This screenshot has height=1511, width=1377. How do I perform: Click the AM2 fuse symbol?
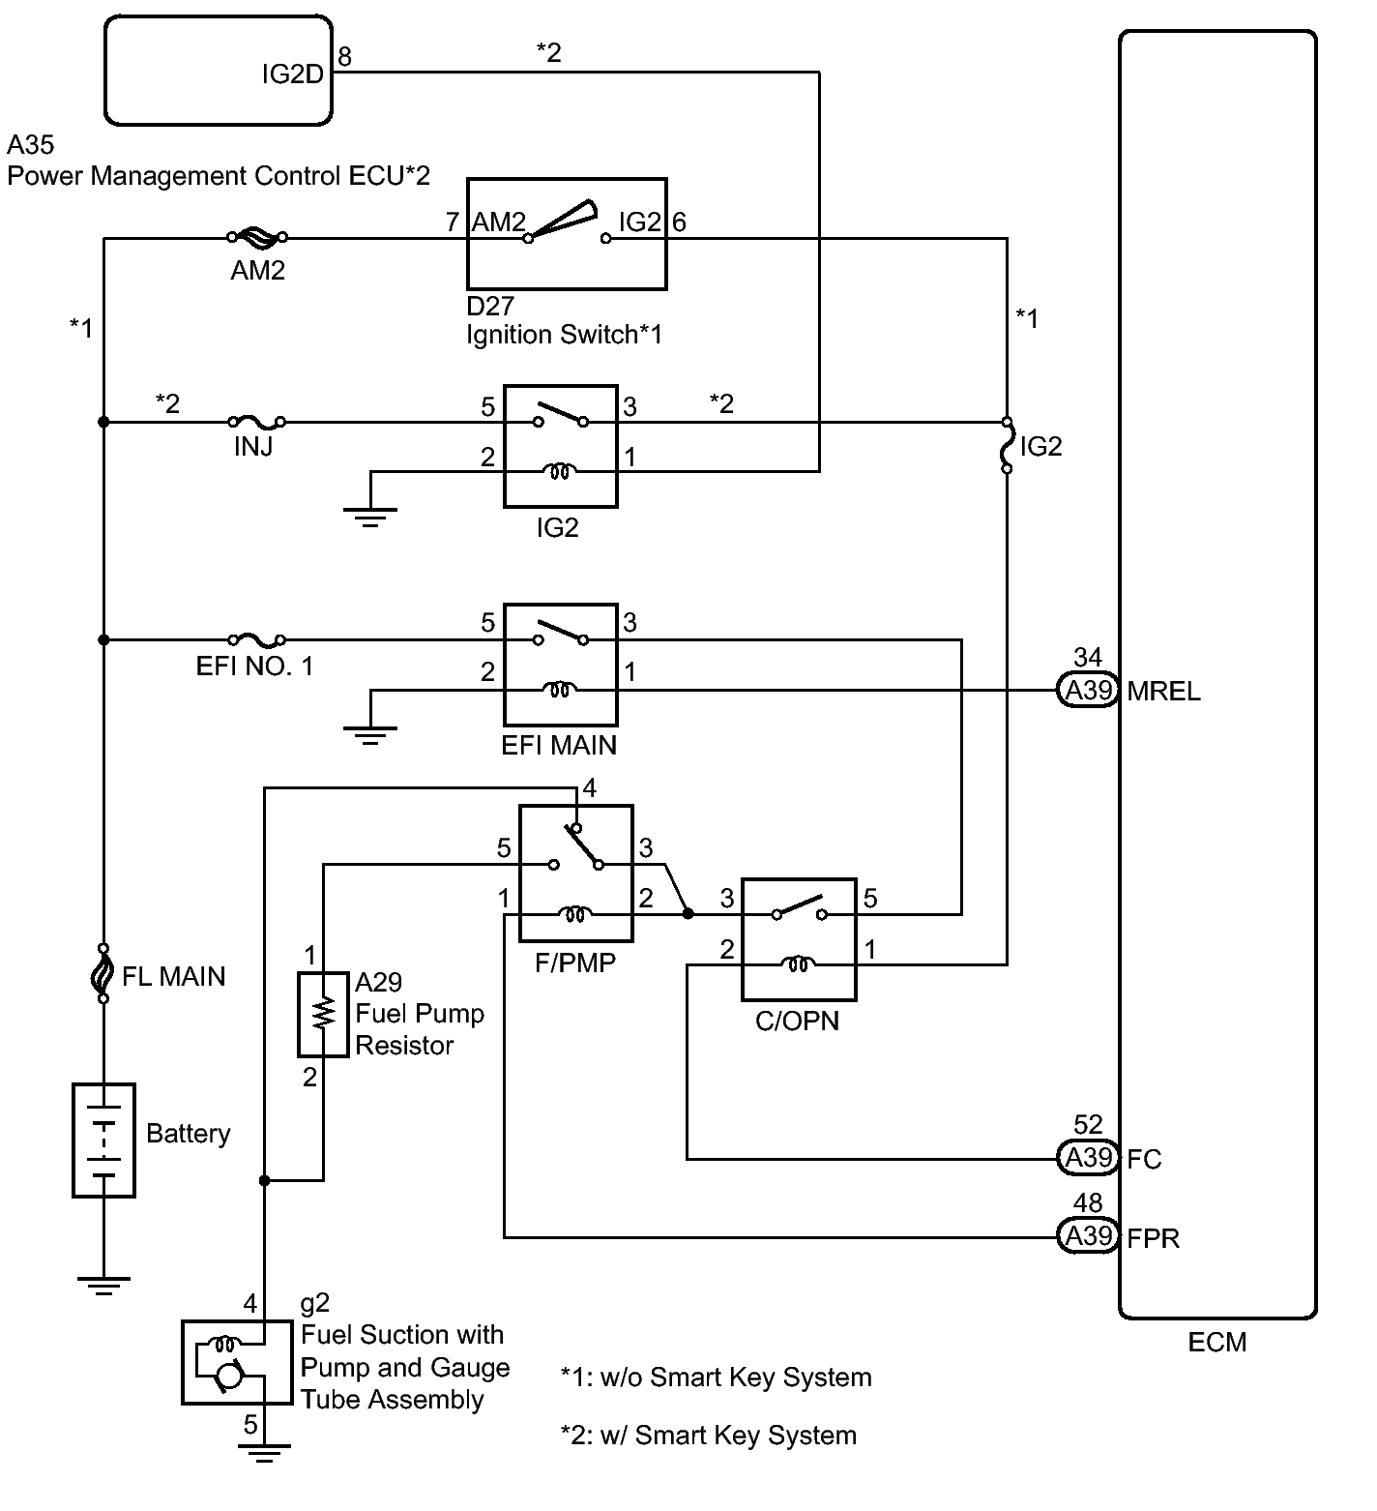pos(256,236)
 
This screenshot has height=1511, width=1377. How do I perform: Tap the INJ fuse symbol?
pos(256,421)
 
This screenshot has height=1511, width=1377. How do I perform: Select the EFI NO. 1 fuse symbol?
pos(256,638)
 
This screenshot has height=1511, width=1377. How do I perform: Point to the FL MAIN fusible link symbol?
pos(103,973)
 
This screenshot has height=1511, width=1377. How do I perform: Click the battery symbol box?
pos(103,1141)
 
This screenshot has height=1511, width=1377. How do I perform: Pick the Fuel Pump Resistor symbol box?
pos(323,1014)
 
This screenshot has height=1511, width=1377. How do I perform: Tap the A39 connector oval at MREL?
pos(1088,691)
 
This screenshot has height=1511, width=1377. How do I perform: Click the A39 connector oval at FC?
pos(1088,1158)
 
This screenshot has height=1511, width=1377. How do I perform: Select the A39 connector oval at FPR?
pos(1088,1236)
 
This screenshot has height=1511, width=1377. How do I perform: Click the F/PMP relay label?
pos(576,963)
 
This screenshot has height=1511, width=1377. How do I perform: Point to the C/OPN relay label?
pos(798,1022)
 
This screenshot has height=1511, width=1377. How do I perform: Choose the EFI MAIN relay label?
pos(560,745)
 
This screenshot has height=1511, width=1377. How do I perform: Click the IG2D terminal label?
pos(292,74)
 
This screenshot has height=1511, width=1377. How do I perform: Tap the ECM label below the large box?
pos(1217,1343)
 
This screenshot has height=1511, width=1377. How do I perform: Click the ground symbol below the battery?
pos(103,1286)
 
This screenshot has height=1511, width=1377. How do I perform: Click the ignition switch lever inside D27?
pos(564,219)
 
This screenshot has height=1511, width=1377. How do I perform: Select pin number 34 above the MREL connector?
pos(1088,658)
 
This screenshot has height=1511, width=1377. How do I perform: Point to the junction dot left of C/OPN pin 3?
pos(687,912)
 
